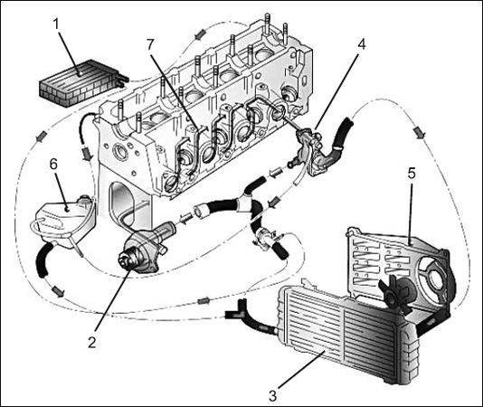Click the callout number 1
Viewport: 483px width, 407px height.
(56, 24)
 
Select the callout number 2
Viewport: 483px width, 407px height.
(91, 342)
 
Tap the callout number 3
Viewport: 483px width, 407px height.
(272, 395)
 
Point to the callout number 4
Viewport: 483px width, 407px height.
(361, 44)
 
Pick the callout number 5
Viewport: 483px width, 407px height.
(412, 174)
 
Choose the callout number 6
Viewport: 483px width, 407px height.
(53, 165)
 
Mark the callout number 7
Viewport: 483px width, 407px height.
(150, 45)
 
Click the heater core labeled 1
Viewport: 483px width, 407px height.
(81, 81)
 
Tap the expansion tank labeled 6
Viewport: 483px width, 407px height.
(65, 221)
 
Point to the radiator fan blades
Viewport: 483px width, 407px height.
(396, 293)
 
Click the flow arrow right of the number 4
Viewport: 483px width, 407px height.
(420, 133)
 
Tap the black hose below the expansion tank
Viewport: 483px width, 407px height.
(43, 260)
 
